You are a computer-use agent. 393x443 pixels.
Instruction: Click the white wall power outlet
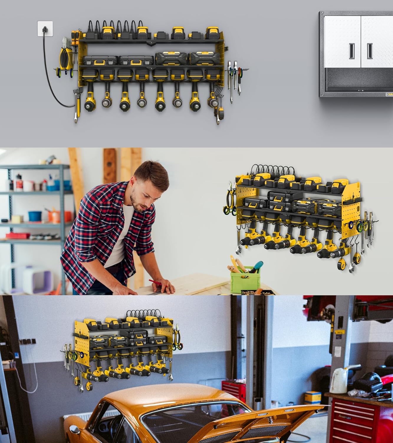pyautogui.click(x=45, y=29)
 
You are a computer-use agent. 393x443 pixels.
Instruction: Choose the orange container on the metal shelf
pyautogui.click(x=53, y=216)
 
